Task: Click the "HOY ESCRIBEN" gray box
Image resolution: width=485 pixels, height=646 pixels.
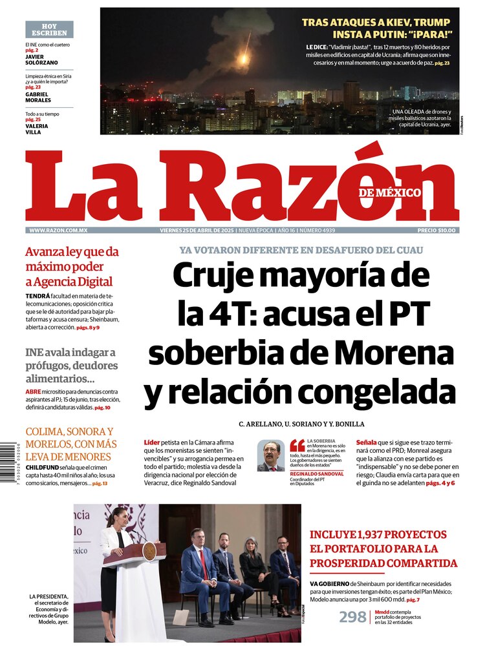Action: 49,29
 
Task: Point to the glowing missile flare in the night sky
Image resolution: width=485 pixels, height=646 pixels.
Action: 244,58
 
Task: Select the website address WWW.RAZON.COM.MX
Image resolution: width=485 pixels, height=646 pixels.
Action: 58,231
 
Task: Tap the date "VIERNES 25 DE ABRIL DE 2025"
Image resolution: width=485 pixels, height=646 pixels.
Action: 197,231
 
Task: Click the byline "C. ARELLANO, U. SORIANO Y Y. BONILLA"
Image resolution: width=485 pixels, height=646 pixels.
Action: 301,424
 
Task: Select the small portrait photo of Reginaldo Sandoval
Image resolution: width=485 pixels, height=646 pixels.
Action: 270,455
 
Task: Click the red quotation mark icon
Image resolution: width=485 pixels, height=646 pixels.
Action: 297,445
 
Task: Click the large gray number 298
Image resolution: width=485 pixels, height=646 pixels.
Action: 352,617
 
